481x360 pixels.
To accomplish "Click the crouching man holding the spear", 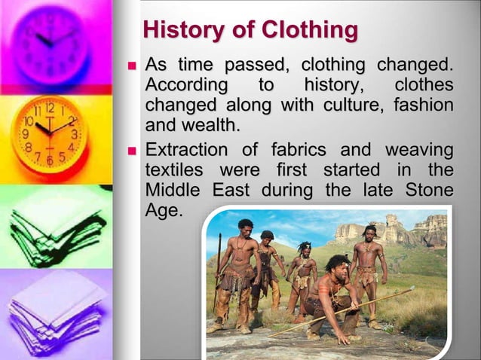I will point(332,294).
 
